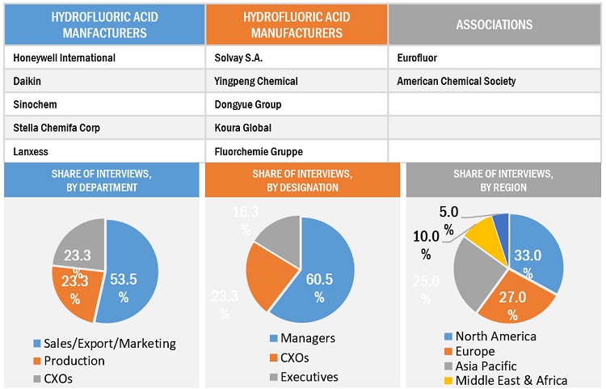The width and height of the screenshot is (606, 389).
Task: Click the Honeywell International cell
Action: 65,58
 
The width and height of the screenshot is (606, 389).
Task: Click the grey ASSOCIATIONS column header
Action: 494,24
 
